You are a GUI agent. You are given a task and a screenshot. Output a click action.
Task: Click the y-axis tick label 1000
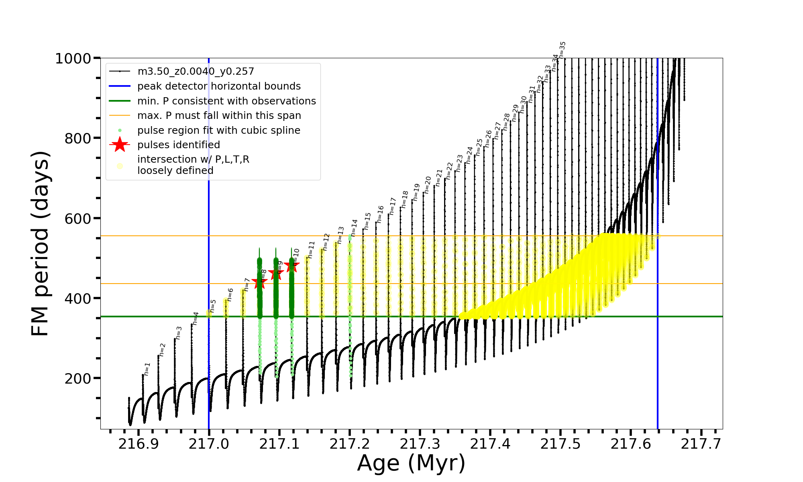(x=73, y=59)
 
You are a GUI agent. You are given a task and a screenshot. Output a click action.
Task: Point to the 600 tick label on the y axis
(x=78, y=219)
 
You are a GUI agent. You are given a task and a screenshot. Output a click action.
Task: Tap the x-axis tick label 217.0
(x=209, y=444)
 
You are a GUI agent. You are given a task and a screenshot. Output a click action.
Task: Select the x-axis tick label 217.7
(x=701, y=444)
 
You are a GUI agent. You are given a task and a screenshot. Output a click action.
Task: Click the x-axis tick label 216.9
(x=139, y=444)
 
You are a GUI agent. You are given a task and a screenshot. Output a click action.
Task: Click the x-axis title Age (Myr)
(x=411, y=463)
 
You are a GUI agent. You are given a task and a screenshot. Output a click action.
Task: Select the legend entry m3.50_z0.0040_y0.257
(x=196, y=71)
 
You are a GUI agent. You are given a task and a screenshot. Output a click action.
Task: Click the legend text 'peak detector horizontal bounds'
(x=219, y=86)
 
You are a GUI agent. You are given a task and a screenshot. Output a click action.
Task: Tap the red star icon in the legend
(x=120, y=145)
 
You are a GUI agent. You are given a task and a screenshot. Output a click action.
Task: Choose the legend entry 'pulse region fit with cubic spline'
(x=218, y=131)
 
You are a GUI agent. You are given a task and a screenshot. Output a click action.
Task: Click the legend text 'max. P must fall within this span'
(x=219, y=116)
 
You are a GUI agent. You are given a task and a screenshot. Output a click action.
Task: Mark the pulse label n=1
(x=147, y=369)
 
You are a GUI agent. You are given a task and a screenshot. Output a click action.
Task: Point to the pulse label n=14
(x=354, y=228)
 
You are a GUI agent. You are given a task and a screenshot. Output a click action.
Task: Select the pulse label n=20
(x=427, y=184)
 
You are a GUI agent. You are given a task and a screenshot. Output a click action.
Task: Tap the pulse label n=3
(x=179, y=333)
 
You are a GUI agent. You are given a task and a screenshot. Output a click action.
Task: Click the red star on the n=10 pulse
(x=291, y=265)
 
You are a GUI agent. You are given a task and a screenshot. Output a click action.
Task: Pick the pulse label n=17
(x=393, y=206)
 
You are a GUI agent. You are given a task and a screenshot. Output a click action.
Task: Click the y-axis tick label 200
(x=78, y=378)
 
